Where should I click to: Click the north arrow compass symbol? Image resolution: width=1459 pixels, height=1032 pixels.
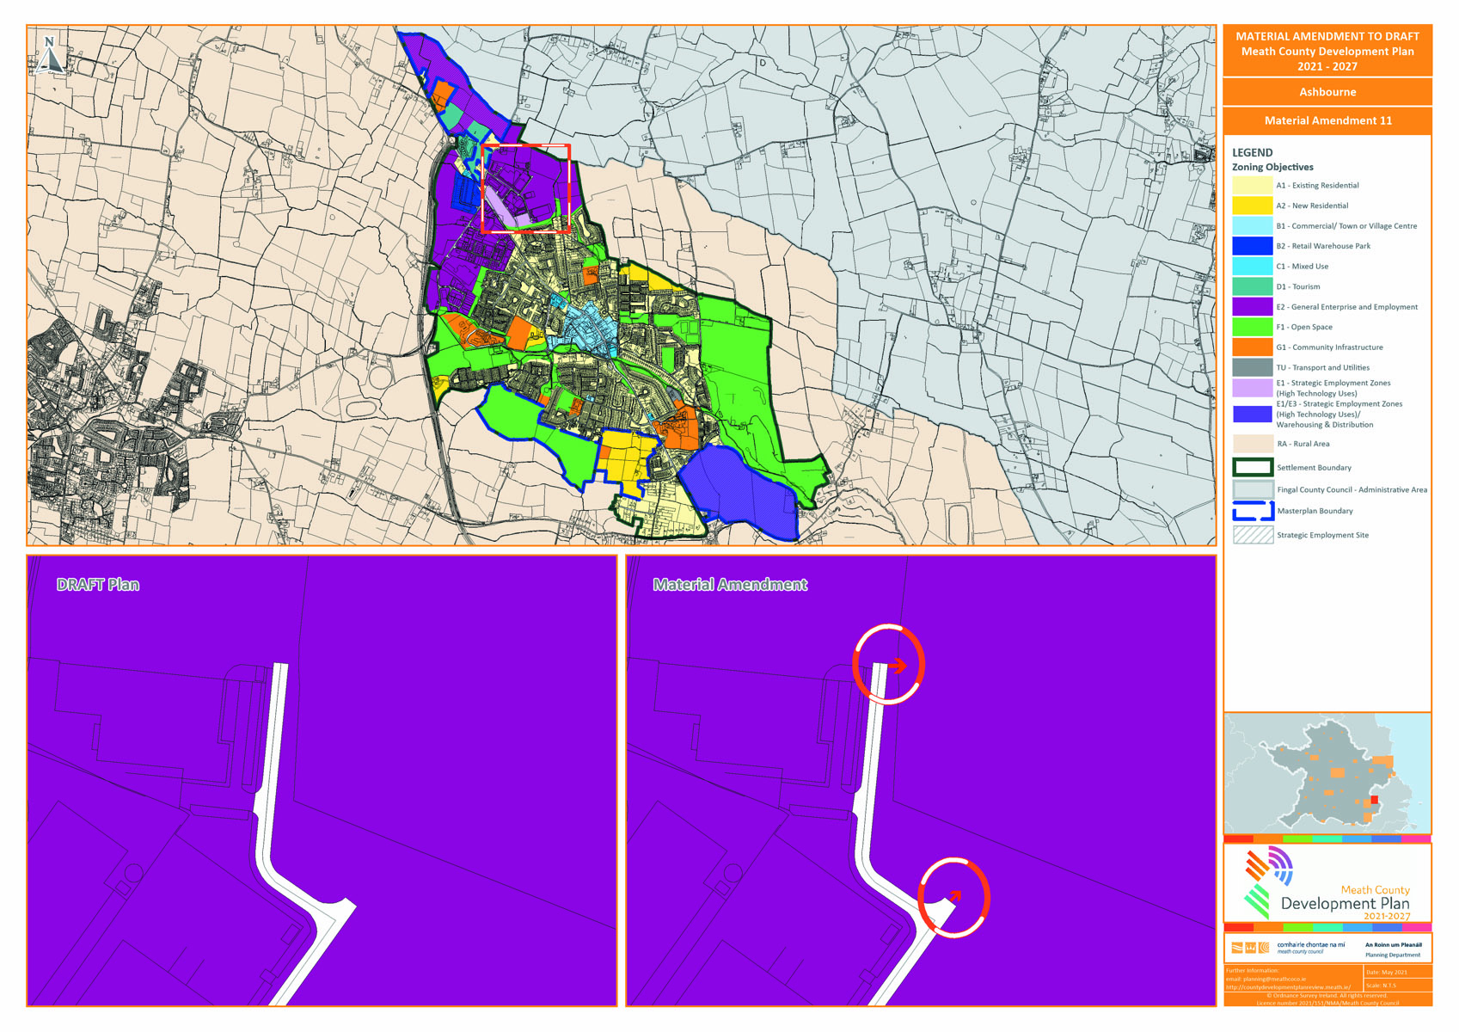50,54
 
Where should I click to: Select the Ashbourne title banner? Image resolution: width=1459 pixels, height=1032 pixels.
1327,92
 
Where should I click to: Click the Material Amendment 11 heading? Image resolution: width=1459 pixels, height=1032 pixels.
1327,120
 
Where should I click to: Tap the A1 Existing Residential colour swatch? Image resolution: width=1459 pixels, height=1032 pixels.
1252,185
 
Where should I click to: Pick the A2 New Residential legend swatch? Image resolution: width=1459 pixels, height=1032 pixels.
1252,206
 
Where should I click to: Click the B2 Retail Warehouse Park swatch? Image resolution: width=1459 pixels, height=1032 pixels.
1252,246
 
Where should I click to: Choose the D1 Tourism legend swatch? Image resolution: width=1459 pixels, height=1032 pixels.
1252,286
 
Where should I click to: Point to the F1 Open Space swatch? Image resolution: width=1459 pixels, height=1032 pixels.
1252,327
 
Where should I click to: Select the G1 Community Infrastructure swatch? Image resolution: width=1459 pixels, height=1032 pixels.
1252,347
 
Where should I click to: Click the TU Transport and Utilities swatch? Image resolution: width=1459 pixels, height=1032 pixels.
1252,367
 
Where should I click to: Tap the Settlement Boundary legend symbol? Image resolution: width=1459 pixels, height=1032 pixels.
1252,467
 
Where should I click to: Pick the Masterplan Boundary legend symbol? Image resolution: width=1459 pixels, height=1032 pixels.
1252,511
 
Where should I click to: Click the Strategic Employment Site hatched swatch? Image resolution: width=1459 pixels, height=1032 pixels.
1252,535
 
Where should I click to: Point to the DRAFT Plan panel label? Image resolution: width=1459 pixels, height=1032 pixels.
98,585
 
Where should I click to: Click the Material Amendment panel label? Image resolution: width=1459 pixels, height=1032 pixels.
730,585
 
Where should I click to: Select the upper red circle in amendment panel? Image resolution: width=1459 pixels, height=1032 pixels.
888,664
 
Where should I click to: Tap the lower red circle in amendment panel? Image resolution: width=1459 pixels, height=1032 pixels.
953,897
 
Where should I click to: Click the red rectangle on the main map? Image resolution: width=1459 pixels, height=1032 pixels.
526,188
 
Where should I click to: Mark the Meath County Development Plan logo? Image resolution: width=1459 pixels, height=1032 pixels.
1327,883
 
